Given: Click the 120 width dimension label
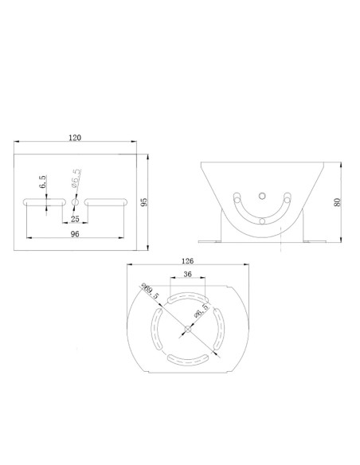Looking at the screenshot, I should [x=75, y=138].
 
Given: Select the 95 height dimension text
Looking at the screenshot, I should [x=144, y=201].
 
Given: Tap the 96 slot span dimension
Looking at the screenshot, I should [x=75, y=234].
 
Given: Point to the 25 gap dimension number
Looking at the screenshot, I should [x=75, y=217].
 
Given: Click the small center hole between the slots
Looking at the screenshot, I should [x=75, y=201].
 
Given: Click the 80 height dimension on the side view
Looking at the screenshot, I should [x=338, y=201].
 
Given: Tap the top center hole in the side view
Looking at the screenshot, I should [x=263, y=193].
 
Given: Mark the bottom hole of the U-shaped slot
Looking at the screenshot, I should [x=263, y=222].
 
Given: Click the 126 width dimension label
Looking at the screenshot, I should [x=188, y=260].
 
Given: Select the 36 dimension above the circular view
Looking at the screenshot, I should [x=188, y=274].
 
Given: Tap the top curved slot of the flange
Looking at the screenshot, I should [x=187, y=296].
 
